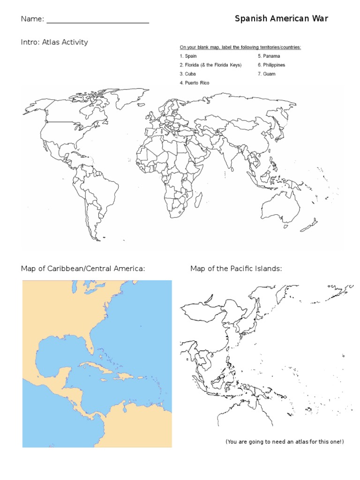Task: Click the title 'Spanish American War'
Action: pyautogui.click(x=281, y=19)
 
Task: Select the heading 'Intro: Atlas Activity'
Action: pyautogui.click(x=54, y=42)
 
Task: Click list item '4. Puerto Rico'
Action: pyautogui.click(x=194, y=83)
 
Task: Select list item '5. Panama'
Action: pyautogui.click(x=268, y=56)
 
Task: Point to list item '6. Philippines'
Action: pyautogui.click(x=271, y=65)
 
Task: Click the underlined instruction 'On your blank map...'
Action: pyautogui.click(x=240, y=47)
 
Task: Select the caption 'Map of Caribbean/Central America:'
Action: pyautogui.click(x=83, y=269)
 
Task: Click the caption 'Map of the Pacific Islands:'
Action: pyautogui.click(x=236, y=269)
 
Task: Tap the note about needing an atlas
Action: pyautogui.click(x=285, y=442)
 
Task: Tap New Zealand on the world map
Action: pyautogui.click(x=311, y=225)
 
